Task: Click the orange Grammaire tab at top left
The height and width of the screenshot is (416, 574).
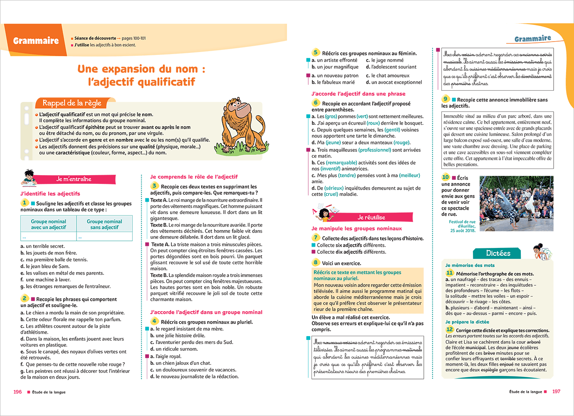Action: (x=36, y=41)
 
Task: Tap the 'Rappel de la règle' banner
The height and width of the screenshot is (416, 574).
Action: (x=72, y=103)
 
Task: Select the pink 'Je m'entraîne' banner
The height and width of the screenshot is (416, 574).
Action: (x=74, y=179)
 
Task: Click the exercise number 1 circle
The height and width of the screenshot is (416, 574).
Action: (x=25, y=203)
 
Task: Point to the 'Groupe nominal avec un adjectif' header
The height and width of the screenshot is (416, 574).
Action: (x=48, y=224)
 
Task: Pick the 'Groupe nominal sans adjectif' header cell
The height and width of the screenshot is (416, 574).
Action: (x=104, y=224)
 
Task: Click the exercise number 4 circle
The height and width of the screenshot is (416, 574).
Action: (x=154, y=321)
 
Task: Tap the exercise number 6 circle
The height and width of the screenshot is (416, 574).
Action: (x=316, y=103)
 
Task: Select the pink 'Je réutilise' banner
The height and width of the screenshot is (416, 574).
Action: (x=371, y=217)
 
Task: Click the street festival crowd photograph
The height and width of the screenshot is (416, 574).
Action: (x=516, y=203)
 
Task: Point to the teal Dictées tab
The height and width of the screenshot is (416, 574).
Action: (x=498, y=253)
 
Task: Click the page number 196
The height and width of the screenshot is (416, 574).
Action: (x=17, y=392)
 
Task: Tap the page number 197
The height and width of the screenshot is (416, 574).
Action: (x=556, y=392)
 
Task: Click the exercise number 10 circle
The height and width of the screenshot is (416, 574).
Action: (x=445, y=177)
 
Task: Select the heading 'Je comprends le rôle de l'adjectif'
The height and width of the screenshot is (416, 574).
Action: (x=194, y=177)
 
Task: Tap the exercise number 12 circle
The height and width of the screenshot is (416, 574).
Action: (x=449, y=329)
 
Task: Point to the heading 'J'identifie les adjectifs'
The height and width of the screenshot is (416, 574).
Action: (x=50, y=193)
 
